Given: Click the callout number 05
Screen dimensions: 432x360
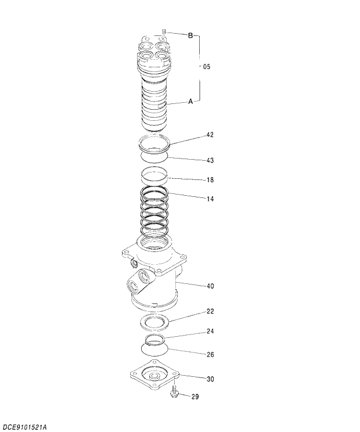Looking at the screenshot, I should click(x=206, y=67).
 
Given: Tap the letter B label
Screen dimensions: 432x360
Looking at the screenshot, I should click(x=190, y=35).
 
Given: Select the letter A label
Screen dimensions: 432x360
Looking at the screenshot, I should click(x=190, y=102).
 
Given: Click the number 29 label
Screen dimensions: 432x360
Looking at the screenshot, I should click(x=195, y=397).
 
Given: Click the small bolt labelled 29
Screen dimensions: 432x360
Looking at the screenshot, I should click(x=174, y=394).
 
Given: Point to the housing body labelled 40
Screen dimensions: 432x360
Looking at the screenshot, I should click(x=154, y=273).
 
